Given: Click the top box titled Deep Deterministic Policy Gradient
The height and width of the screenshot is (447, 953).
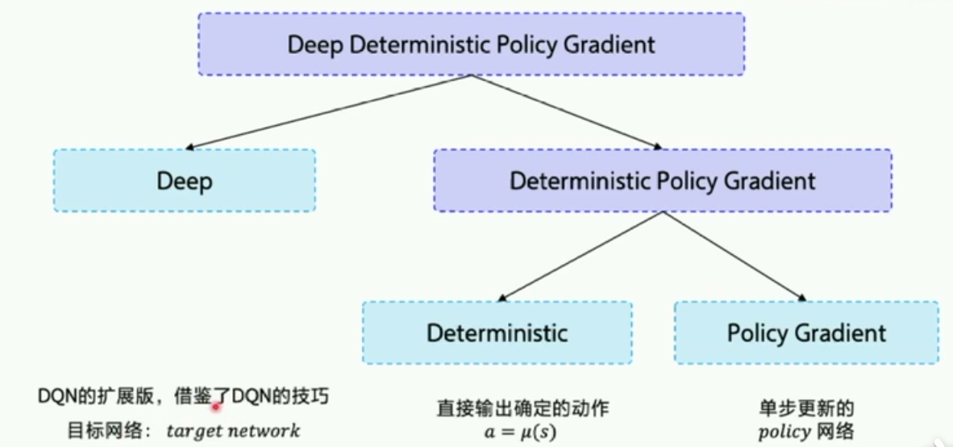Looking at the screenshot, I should [x=471, y=44].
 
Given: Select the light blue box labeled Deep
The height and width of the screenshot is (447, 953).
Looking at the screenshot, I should [x=185, y=181].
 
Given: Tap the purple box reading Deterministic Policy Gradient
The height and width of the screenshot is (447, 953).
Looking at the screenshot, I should [x=662, y=181].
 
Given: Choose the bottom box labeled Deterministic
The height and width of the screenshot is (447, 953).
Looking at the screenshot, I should [x=497, y=332].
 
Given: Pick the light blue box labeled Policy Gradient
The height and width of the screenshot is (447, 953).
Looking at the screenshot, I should [x=805, y=332].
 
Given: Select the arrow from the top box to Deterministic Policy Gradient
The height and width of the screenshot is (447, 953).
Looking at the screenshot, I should [x=564, y=113].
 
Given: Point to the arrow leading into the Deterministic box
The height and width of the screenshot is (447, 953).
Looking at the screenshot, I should [x=581, y=257].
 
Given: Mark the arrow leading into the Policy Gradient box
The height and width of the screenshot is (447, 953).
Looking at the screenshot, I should [x=734, y=257].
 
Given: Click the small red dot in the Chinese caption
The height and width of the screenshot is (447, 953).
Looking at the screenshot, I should [x=216, y=407].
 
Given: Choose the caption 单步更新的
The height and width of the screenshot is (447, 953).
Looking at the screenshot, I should [x=805, y=407].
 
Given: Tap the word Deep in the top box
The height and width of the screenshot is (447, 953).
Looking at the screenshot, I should [x=315, y=44].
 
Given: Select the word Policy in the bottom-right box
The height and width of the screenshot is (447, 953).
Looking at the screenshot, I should [x=756, y=332].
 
